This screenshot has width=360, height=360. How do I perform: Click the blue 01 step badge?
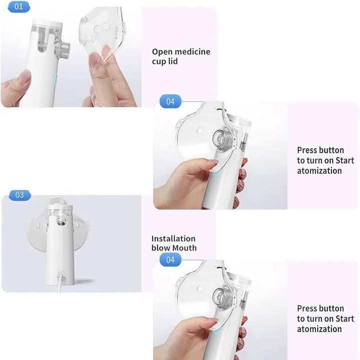pyautogui.click(x=19, y=6)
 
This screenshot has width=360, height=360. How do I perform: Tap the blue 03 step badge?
pyautogui.click(x=20, y=195)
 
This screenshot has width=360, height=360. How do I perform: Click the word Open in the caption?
pyautogui.click(x=162, y=52)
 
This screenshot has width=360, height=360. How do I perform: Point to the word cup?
pyautogui.click(x=159, y=62)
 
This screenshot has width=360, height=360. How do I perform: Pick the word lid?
pyautogui.click(x=173, y=61)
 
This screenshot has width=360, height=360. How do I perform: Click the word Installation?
pyautogui.click(x=173, y=239)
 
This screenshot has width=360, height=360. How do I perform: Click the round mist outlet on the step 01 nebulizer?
pyautogui.click(x=63, y=49)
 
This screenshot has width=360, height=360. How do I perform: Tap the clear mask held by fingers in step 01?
pyautogui.click(x=102, y=34)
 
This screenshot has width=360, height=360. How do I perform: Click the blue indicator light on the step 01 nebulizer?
pyautogui.click(x=55, y=79)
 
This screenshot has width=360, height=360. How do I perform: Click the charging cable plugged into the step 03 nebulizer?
pyautogui.click(x=60, y=282)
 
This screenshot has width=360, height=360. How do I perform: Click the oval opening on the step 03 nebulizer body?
pyautogui.click(x=61, y=221)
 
